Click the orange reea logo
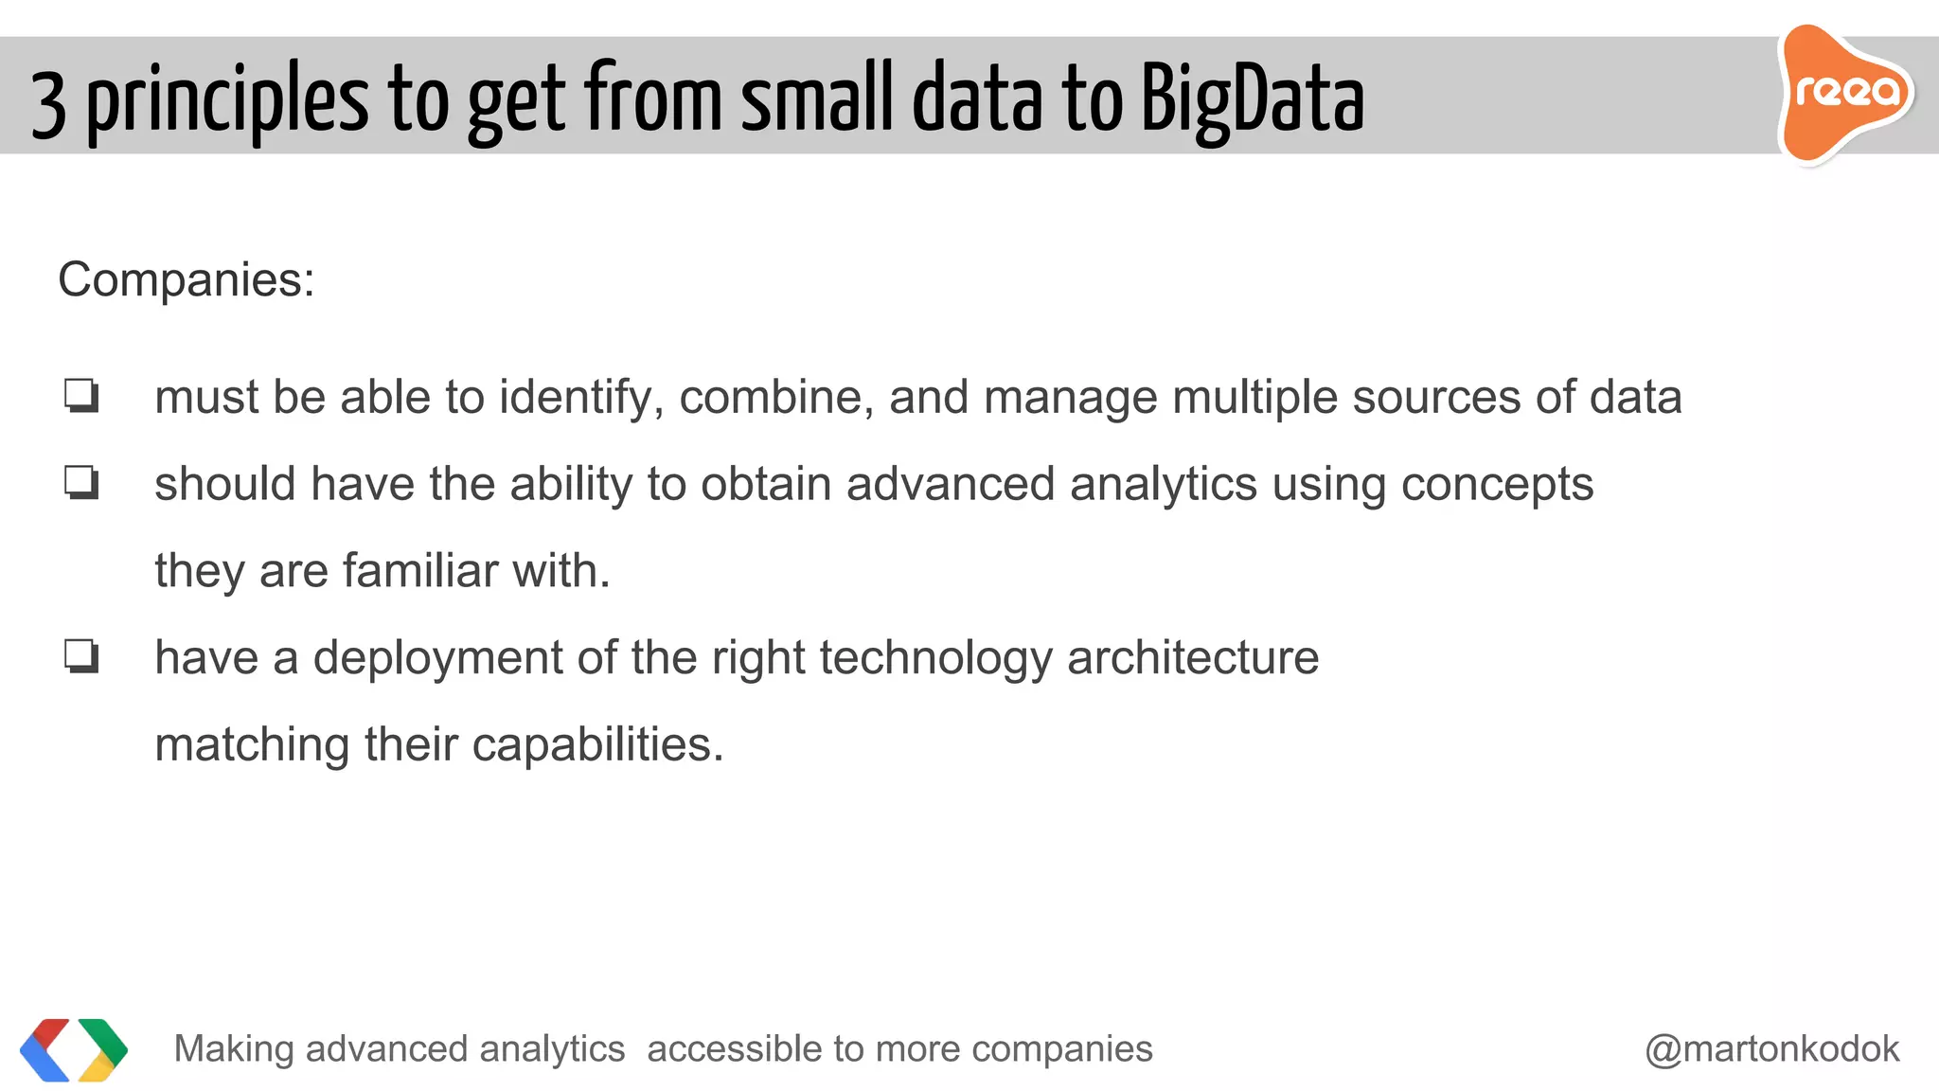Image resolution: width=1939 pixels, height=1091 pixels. tap(1845, 93)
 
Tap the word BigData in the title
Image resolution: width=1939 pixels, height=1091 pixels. tap(1252, 100)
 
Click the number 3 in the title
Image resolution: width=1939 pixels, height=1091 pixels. tap(48, 104)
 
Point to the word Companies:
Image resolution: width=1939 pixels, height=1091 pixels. tap(187, 280)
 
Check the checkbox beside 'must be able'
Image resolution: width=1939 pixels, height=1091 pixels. tap(81, 396)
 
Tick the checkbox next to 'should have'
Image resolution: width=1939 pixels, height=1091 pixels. tap(81, 483)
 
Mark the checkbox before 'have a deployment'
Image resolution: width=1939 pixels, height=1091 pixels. tap(81, 656)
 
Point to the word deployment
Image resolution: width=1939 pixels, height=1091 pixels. tap(437, 658)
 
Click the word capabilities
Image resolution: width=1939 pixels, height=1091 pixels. tap(597, 745)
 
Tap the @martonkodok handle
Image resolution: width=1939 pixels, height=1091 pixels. tap(1771, 1049)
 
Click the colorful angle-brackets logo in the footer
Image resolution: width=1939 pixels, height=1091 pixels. tap(74, 1049)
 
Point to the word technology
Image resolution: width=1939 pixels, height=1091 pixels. tap(935, 658)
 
